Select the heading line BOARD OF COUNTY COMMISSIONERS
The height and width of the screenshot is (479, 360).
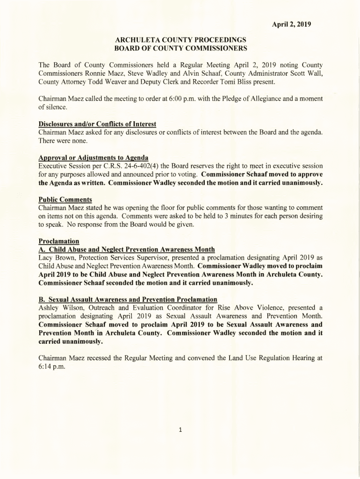tap(180, 48)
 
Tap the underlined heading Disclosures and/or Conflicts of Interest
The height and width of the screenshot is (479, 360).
tap(97, 124)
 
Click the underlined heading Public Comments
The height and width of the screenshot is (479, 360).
tap(65, 199)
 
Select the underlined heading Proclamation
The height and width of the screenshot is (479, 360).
tap(58, 241)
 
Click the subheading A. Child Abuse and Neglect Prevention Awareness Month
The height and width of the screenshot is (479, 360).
tap(126, 249)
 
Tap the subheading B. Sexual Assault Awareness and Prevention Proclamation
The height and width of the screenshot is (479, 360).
tap(128, 299)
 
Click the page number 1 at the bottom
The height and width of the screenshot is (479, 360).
tap(180, 430)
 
